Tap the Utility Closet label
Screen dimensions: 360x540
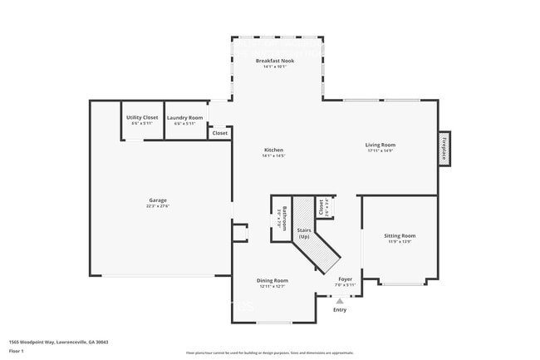pyautogui.click(x=142, y=118)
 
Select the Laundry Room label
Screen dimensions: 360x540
pyautogui.click(x=184, y=118)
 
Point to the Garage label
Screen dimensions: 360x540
pyautogui.click(x=158, y=200)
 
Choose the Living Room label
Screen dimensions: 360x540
pyautogui.click(x=380, y=145)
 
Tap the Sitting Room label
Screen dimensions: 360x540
pyautogui.click(x=400, y=236)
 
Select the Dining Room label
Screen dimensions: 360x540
pyautogui.click(x=272, y=281)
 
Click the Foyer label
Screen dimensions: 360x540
pyautogui.click(x=345, y=279)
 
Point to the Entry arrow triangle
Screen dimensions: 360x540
pyautogui.click(x=339, y=301)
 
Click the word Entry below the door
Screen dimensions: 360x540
pyautogui.click(x=340, y=310)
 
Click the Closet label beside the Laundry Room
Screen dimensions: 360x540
pyautogui.click(x=219, y=133)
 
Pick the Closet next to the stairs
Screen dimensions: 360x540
pyautogui.click(x=321, y=206)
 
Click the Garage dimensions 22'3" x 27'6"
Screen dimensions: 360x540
pyautogui.click(x=158, y=206)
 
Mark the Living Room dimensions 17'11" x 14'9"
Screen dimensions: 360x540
pyautogui.click(x=380, y=151)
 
